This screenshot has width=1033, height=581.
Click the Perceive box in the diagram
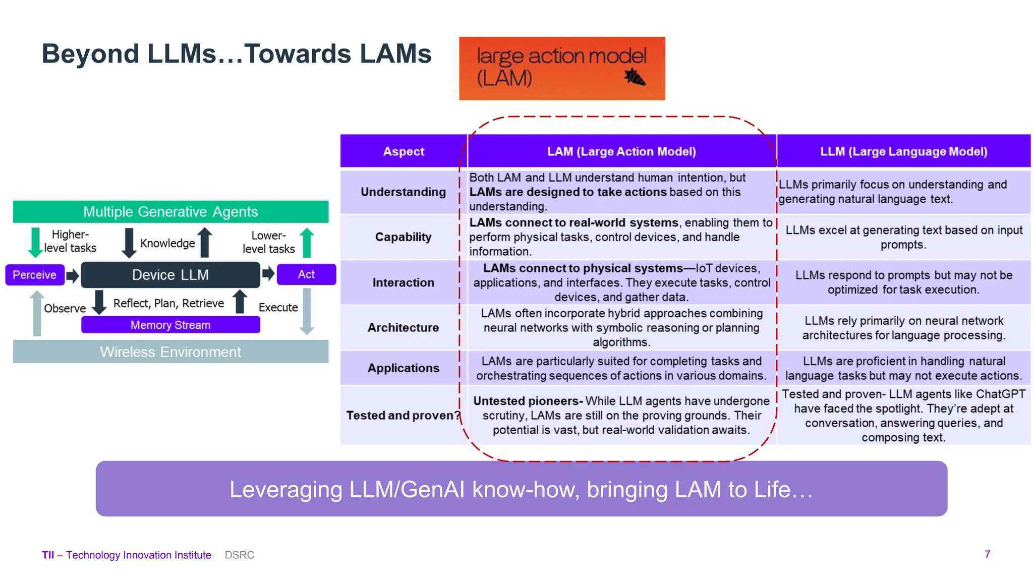point(35,275)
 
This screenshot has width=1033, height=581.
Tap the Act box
point(306,274)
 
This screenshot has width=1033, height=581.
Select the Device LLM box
point(170,275)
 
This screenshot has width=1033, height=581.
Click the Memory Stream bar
point(170,325)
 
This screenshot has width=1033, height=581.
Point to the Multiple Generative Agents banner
point(170,212)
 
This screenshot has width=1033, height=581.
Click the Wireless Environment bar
point(170,352)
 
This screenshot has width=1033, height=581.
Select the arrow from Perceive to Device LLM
point(73,275)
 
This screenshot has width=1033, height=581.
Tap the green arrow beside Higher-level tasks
point(35,242)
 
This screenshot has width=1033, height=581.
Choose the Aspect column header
point(404,151)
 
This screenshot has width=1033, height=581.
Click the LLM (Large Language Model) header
point(903,151)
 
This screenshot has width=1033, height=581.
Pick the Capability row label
point(404,237)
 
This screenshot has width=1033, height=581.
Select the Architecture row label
point(404,328)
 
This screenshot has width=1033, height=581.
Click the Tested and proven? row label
point(404,416)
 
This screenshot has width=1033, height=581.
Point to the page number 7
point(987,554)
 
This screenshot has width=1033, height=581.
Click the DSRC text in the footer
point(240,555)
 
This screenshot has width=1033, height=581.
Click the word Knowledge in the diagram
point(167,243)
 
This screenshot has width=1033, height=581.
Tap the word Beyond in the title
point(90,54)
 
